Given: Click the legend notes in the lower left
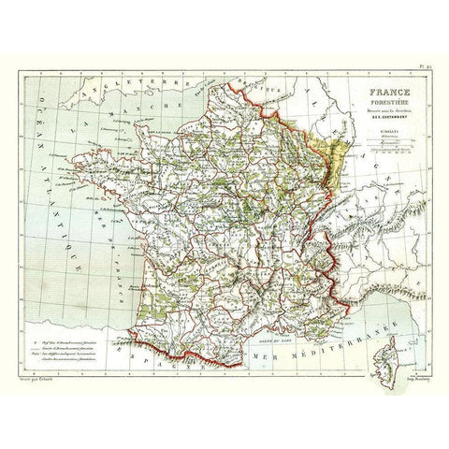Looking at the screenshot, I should coord(70,335).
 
